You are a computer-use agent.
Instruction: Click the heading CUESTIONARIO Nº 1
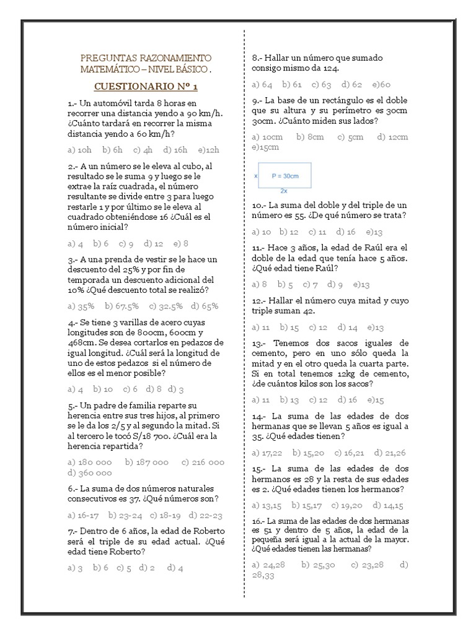point(146,86)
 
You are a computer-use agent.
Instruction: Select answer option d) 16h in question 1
point(175,149)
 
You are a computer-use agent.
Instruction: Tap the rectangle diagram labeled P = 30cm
point(285,176)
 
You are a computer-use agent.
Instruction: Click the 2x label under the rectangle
point(284,191)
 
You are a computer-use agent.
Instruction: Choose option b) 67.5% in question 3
point(121,306)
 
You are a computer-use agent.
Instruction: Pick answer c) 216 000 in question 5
point(203,462)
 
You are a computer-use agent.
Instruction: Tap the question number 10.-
point(259,205)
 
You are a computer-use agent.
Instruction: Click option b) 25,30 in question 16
point(318,564)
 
